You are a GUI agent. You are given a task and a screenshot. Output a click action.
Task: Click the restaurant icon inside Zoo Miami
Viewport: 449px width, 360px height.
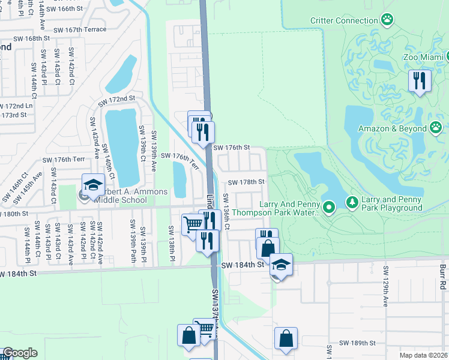point(420,80)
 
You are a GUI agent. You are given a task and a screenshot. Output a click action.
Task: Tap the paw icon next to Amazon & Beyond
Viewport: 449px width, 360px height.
point(436,128)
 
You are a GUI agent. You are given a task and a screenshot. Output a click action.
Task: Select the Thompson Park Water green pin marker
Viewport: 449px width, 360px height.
point(328,208)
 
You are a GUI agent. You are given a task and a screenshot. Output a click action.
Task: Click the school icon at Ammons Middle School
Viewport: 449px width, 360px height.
point(93,185)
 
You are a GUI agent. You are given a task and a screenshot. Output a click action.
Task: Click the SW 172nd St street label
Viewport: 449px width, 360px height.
point(117,98)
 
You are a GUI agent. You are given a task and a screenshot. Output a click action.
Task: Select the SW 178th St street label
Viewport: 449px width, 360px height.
point(246,182)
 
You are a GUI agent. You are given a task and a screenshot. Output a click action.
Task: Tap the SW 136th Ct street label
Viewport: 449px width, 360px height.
point(226,212)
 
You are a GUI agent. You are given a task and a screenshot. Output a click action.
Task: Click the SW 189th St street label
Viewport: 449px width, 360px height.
point(357,343)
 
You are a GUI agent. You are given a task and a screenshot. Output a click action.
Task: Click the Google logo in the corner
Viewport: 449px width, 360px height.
point(19,353)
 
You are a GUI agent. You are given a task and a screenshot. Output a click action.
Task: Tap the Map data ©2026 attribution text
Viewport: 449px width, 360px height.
point(423,355)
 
